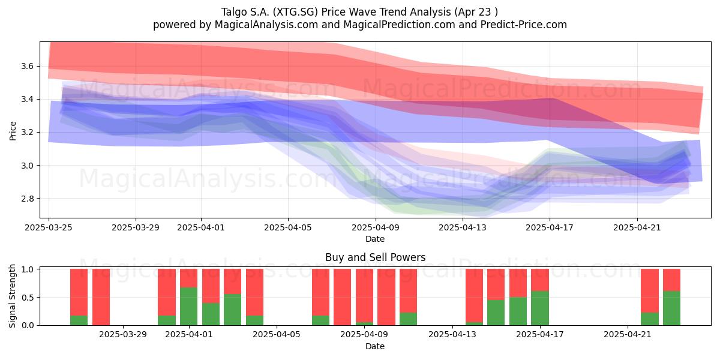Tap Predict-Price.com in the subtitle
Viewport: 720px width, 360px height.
(524, 25)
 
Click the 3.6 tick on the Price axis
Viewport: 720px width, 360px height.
(28, 66)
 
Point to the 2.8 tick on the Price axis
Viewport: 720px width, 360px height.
(28, 199)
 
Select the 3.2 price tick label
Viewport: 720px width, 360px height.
(28, 133)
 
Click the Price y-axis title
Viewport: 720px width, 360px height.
(13, 131)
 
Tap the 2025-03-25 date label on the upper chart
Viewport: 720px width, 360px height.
(49, 227)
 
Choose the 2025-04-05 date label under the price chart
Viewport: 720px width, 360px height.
(288, 227)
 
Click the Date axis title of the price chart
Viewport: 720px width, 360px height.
(375, 239)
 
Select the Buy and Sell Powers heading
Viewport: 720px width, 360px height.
(375, 257)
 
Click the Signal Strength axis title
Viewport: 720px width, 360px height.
(12, 296)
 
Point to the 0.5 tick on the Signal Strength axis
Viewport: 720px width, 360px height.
(28, 298)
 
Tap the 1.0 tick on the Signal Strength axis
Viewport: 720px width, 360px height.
(28, 269)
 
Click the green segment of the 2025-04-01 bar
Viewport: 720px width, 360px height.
(188, 306)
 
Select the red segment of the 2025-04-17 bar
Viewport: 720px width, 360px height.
(540, 280)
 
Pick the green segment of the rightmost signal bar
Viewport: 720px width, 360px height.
(672, 308)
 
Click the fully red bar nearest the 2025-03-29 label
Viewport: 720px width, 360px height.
(101, 297)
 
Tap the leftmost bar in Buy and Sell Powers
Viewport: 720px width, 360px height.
(79, 297)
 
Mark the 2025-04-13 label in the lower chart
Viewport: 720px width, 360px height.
(452, 335)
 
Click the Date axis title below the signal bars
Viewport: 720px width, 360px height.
(375, 346)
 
